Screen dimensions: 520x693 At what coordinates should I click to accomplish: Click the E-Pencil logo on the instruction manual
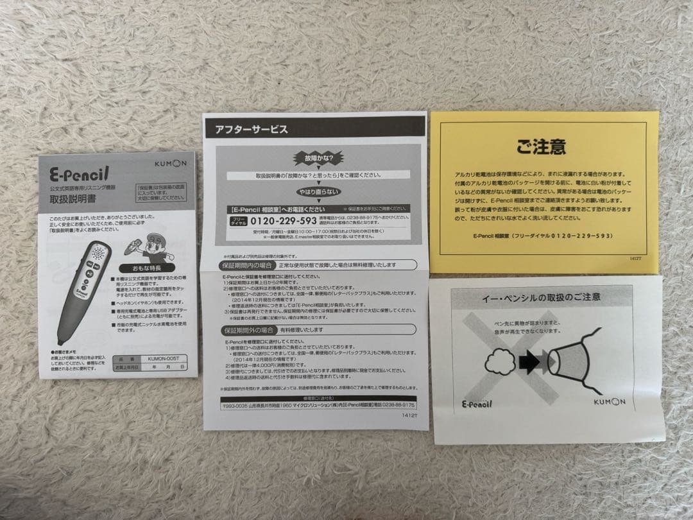point(80,173)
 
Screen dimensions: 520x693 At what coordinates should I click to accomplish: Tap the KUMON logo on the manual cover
point(171,163)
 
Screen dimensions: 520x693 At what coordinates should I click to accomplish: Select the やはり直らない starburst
point(318,192)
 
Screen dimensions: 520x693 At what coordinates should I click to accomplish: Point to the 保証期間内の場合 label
point(249,264)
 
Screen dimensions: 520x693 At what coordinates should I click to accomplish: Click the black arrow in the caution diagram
point(529,363)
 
